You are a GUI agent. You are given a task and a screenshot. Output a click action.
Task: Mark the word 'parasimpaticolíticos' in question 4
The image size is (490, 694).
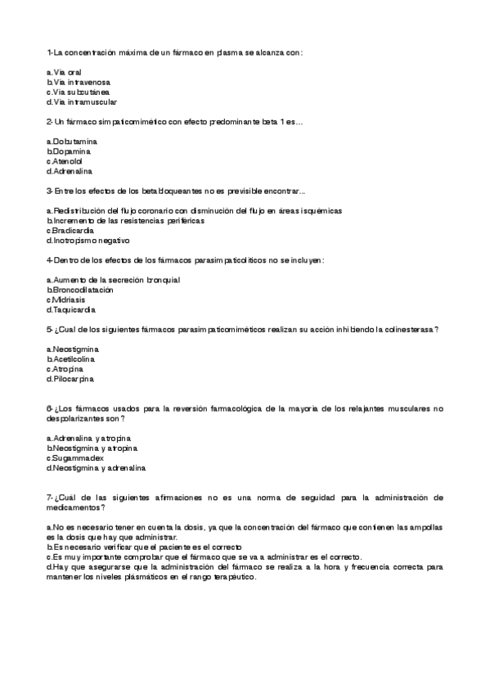(232, 260)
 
